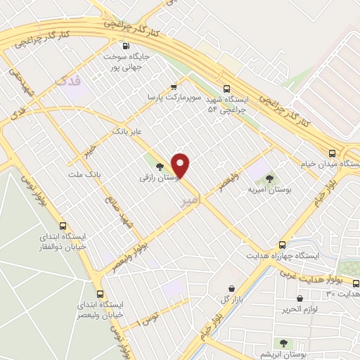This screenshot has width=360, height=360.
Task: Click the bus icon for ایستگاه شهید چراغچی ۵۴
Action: pos(226,89)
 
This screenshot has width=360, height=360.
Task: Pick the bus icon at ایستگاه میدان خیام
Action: pos(331,153)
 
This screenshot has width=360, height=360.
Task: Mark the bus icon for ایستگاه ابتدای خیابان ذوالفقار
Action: pos(63,226)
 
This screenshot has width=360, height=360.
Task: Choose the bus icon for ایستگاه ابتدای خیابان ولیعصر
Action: pos(101,293)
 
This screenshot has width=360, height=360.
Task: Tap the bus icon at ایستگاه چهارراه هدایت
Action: pos(282,245)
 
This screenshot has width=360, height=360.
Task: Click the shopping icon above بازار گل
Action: pos(232,288)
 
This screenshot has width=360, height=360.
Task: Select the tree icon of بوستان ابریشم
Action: pos(283,342)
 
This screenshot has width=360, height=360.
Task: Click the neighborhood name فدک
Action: pos(68,82)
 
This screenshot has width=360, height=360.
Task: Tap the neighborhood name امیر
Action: pos(190,201)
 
